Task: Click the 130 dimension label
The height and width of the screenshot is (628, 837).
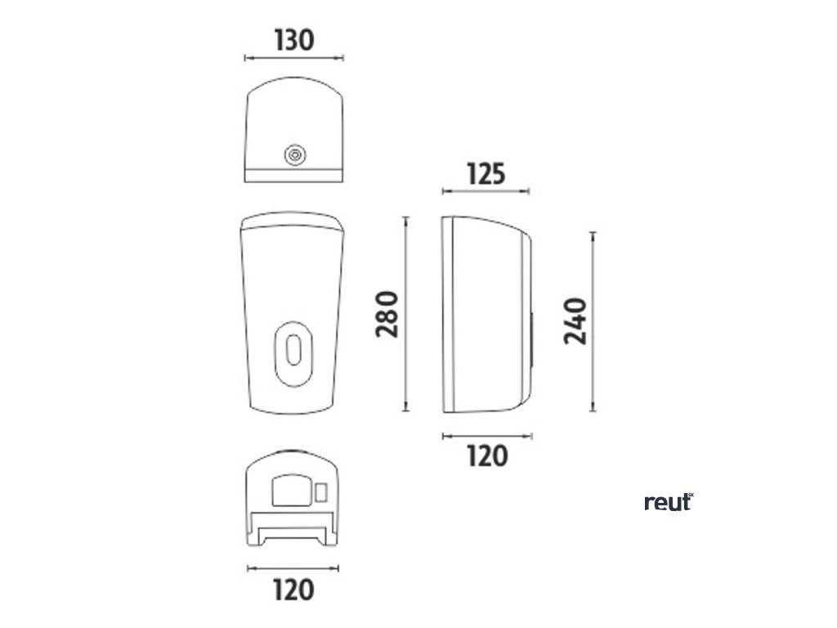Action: pyautogui.click(x=293, y=40)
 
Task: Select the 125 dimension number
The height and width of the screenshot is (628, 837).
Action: pyautogui.click(x=486, y=173)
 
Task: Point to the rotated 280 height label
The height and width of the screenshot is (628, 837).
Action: pyautogui.click(x=387, y=314)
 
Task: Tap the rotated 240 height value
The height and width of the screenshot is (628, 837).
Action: pyautogui.click(x=577, y=321)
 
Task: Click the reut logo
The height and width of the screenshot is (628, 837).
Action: pyautogui.click(x=668, y=502)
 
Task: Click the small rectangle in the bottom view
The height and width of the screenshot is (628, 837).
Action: pyautogui.click(x=321, y=492)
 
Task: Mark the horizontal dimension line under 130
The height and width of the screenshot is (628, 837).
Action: pyautogui.click(x=293, y=58)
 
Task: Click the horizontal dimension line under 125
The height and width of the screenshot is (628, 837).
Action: pyautogui.click(x=486, y=191)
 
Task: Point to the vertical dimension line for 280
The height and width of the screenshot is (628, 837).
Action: pyautogui.click(x=406, y=314)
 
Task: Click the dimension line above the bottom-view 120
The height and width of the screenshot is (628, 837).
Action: pyautogui.click(x=293, y=567)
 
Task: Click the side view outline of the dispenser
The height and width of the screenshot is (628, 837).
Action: pyautogui.click(x=486, y=314)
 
